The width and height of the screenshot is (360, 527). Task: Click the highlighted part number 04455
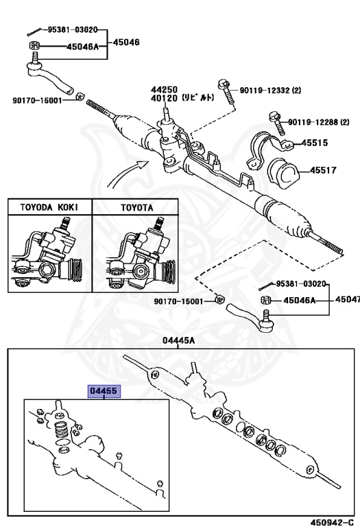click(x=104, y=391)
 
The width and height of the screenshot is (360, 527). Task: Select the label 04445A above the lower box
click(x=178, y=341)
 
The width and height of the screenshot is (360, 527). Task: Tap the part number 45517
click(x=323, y=170)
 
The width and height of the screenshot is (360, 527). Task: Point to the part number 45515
click(x=315, y=143)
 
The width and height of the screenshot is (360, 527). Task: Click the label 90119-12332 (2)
click(x=270, y=90)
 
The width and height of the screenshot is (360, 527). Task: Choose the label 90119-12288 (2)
click(x=319, y=122)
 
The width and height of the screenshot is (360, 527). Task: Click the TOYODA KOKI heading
click(x=49, y=207)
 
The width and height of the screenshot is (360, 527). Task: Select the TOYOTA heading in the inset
click(x=137, y=208)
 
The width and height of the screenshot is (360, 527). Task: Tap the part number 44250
click(x=164, y=90)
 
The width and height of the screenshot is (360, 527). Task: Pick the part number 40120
click(x=164, y=98)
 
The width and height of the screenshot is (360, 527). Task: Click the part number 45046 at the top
click(x=126, y=43)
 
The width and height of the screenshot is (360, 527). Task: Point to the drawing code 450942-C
click(x=332, y=522)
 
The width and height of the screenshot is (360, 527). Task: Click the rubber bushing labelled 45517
click(x=283, y=174)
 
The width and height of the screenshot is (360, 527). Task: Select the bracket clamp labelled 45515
click(x=267, y=150)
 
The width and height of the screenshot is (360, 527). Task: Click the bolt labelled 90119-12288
click(x=278, y=124)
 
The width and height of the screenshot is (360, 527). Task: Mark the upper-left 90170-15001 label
click(x=37, y=100)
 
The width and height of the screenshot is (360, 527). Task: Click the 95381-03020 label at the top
click(x=73, y=30)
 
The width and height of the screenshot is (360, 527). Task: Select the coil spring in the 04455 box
click(x=62, y=428)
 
